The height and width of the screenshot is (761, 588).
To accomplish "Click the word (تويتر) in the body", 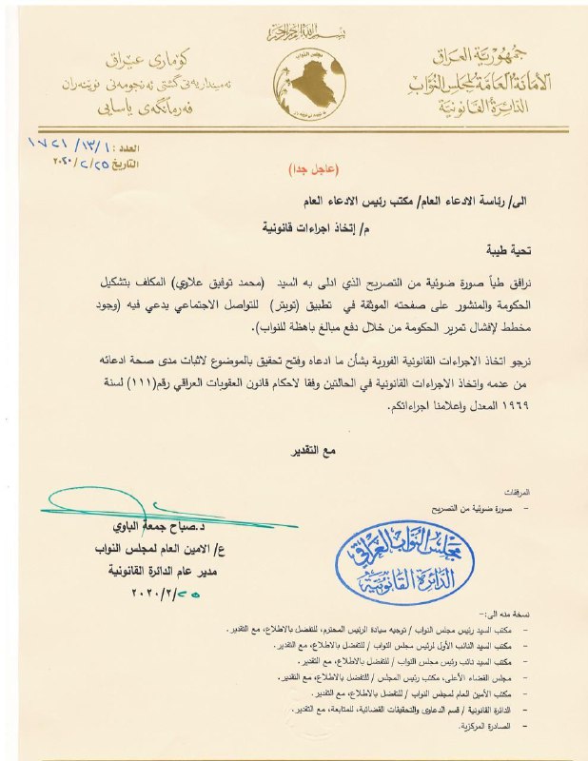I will pos(304,302).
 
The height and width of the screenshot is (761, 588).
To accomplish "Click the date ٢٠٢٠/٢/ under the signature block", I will pos(164,592).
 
